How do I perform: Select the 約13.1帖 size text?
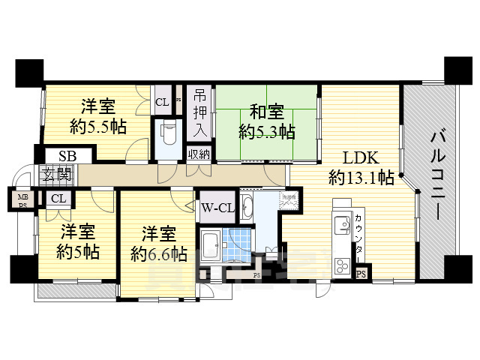[361, 178]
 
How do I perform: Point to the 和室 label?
[265, 112]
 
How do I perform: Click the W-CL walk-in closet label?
[217, 208]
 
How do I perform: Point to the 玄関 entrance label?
[57, 176]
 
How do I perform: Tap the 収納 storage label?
[199, 154]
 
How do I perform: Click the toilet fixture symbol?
[168, 133]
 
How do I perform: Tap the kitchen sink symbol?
[341, 224]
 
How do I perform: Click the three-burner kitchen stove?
[342, 265]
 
